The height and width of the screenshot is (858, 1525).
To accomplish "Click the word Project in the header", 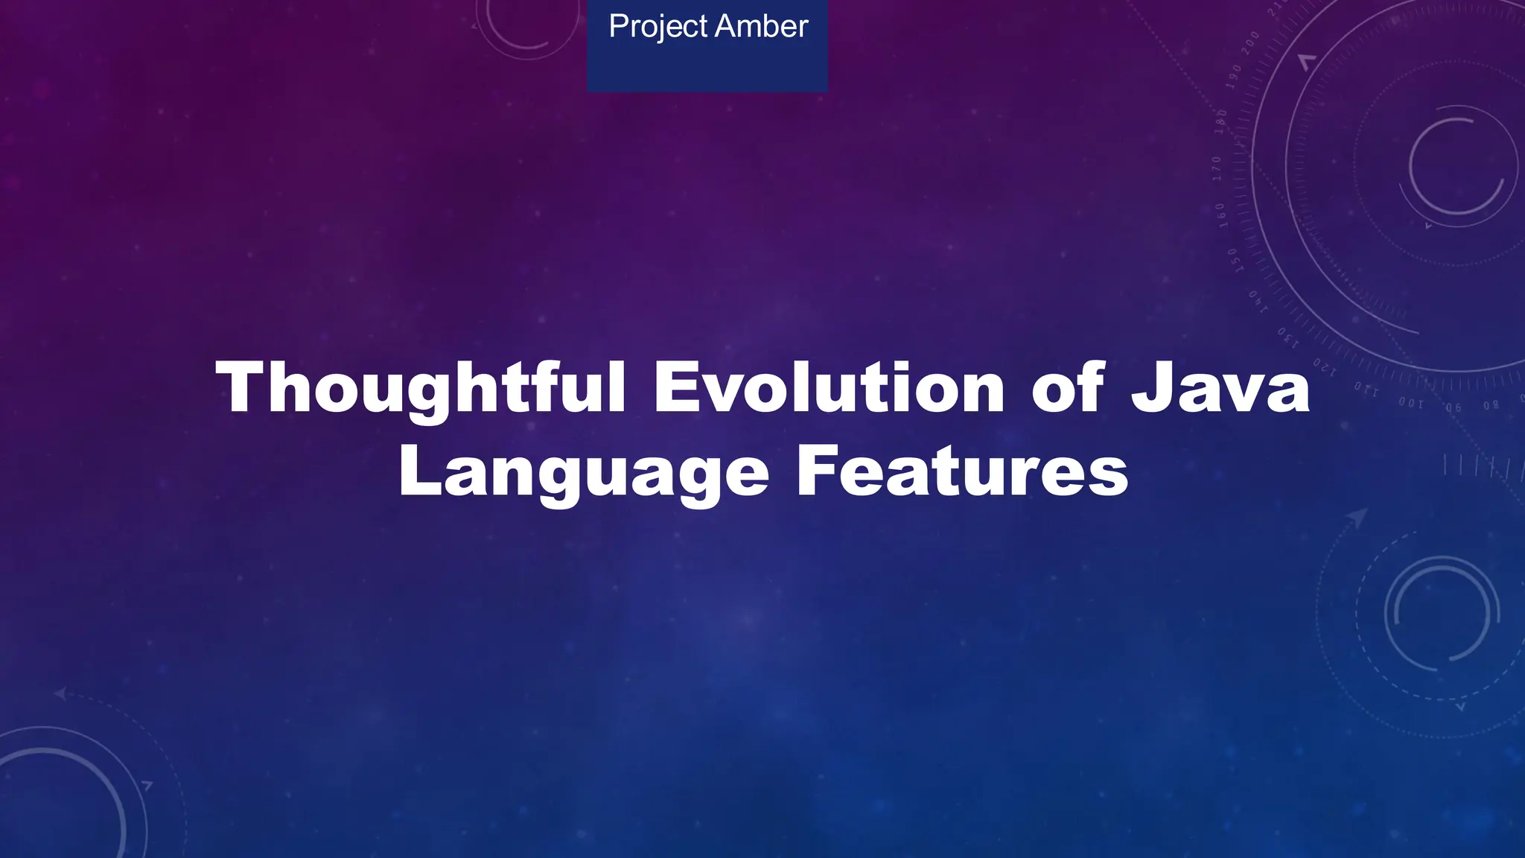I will click(x=658, y=28).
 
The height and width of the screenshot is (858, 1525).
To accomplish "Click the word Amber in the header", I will click(x=761, y=27).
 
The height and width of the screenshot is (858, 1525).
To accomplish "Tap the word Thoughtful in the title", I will click(x=421, y=387).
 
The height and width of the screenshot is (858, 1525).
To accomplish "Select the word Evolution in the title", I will click(x=829, y=387).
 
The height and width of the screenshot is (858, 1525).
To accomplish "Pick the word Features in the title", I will click(x=962, y=471).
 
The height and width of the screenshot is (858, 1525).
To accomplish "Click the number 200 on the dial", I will click(x=1250, y=43).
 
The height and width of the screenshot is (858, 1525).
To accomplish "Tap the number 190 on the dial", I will click(x=1234, y=77).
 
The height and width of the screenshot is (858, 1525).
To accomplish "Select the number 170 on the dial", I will click(x=1217, y=168).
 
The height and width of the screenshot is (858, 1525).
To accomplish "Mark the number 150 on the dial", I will click(x=1234, y=260).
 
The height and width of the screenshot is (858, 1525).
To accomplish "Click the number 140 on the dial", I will click(x=1258, y=300).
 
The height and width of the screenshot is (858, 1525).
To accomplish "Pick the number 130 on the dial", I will click(x=1288, y=337).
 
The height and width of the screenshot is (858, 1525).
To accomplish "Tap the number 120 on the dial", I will click(x=1325, y=366).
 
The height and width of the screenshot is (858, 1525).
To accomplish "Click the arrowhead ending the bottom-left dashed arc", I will click(x=60, y=694).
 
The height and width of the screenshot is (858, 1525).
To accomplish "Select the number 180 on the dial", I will click(x=1221, y=121).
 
